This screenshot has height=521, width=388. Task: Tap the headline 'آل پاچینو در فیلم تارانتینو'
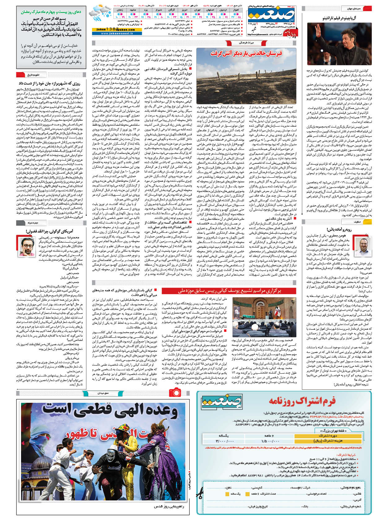339,18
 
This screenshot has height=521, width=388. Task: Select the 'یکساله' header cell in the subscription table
224,435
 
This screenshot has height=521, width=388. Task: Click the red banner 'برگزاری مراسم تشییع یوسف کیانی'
229,291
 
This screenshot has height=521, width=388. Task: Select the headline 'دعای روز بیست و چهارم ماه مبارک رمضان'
51,12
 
